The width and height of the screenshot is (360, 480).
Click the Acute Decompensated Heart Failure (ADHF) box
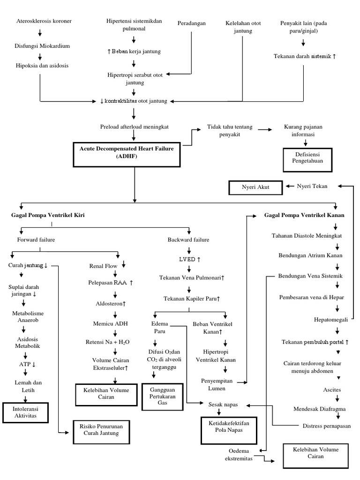(x=126, y=152)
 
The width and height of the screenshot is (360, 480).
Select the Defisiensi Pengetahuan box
(x=306, y=159)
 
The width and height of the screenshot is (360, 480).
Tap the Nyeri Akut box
(x=255, y=188)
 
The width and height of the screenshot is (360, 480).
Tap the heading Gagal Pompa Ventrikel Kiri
(x=48, y=215)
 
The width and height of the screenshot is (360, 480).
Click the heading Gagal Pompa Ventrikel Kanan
(x=304, y=215)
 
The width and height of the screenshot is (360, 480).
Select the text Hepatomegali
(x=330, y=320)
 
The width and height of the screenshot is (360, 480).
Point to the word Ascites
(x=332, y=390)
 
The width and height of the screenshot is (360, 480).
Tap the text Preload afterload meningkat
(x=134, y=127)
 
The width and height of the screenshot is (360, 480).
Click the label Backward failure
(x=188, y=240)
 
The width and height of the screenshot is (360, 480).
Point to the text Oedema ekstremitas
(x=238, y=455)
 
